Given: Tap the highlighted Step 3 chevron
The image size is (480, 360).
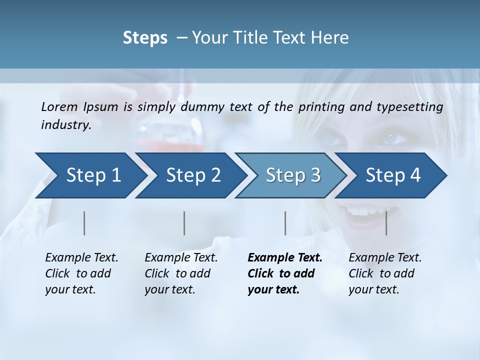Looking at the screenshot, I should click(x=293, y=175).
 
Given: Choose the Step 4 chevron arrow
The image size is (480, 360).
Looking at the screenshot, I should click(x=393, y=175).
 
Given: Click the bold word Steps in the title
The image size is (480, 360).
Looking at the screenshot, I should click(x=145, y=37).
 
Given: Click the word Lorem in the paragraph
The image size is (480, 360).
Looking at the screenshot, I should click(x=59, y=106).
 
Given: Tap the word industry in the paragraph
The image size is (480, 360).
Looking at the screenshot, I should click(x=65, y=124).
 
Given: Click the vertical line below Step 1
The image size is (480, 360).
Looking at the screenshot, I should click(x=84, y=223).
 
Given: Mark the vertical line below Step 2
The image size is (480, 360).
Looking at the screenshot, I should click(x=184, y=223).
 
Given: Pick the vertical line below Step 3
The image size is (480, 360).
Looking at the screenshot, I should click(x=285, y=223).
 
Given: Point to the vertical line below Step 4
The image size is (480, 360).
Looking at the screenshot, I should click(x=386, y=223).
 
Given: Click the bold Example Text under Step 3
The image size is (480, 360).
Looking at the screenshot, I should click(x=285, y=258).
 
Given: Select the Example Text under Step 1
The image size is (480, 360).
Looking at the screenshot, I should click(x=81, y=258).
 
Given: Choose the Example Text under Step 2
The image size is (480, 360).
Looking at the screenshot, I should click(x=181, y=258).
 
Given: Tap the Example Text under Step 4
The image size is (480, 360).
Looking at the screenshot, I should click(x=385, y=258).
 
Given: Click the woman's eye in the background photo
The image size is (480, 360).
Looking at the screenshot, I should click(x=395, y=137).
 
